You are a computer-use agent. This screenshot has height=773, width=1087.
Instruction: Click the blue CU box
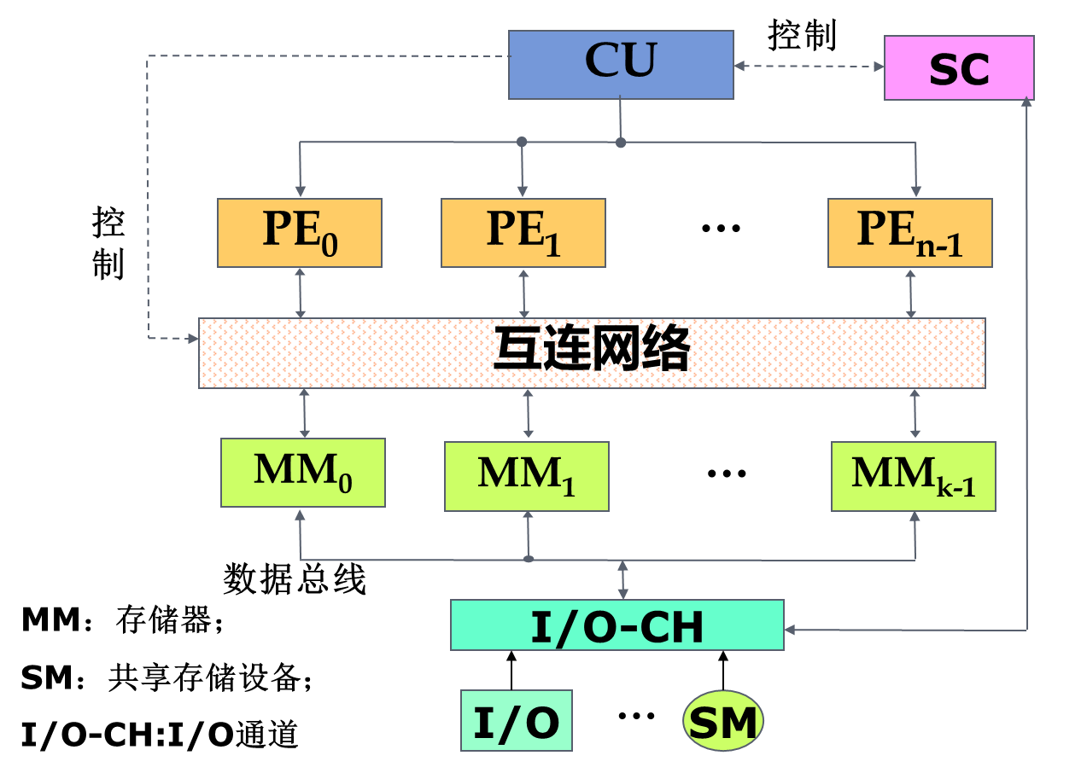coord(621,65)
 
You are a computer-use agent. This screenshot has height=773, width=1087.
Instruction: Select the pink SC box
coord(959,68)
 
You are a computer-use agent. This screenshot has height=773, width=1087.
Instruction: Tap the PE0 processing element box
coord(299,233)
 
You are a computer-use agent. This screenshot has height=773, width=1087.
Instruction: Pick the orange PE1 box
coord(523,233)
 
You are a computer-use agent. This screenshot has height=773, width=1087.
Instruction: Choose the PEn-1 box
coord(909,233)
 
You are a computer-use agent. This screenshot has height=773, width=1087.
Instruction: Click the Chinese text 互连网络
coord(592,352)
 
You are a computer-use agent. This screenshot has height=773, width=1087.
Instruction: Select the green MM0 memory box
coord(302,473)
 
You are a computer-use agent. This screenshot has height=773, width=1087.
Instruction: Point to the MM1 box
coord(526,476)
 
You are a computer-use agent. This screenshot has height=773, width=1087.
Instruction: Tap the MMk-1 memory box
coord(913,476)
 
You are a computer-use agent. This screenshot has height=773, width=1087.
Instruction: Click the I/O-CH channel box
coord(617,625)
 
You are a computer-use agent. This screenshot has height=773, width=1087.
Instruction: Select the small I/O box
coord(516,721)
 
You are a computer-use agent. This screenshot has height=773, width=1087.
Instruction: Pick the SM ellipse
coord(722,721)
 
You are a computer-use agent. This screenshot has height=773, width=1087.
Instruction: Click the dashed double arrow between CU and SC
coord(809,66)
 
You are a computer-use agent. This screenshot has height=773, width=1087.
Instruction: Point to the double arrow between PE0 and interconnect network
coord(300,293)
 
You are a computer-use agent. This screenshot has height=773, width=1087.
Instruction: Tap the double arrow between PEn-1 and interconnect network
coord(910,293)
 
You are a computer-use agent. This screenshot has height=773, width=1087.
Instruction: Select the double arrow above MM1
coord(528,414)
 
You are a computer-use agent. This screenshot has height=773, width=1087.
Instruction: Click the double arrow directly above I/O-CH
coord(622,579)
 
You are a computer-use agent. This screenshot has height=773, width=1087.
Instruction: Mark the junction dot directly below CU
coord(621,142)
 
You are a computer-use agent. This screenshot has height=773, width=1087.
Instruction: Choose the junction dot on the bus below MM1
coord(528,559)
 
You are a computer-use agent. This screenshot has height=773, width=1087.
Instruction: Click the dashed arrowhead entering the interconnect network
coord(191,339)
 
